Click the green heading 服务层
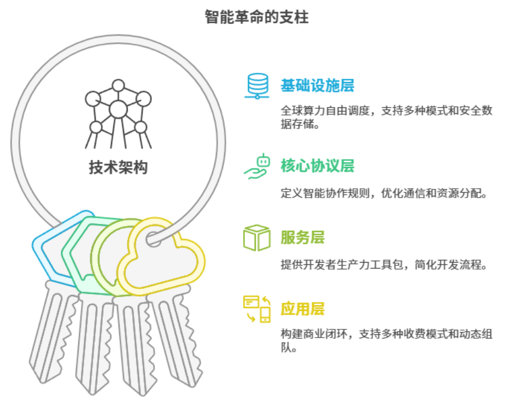302,237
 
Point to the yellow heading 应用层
302,309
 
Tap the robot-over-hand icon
257,166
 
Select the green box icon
257,237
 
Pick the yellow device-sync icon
257,309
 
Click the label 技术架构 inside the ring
118,167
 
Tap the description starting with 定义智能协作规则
383,193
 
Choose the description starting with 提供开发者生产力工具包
383,265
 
